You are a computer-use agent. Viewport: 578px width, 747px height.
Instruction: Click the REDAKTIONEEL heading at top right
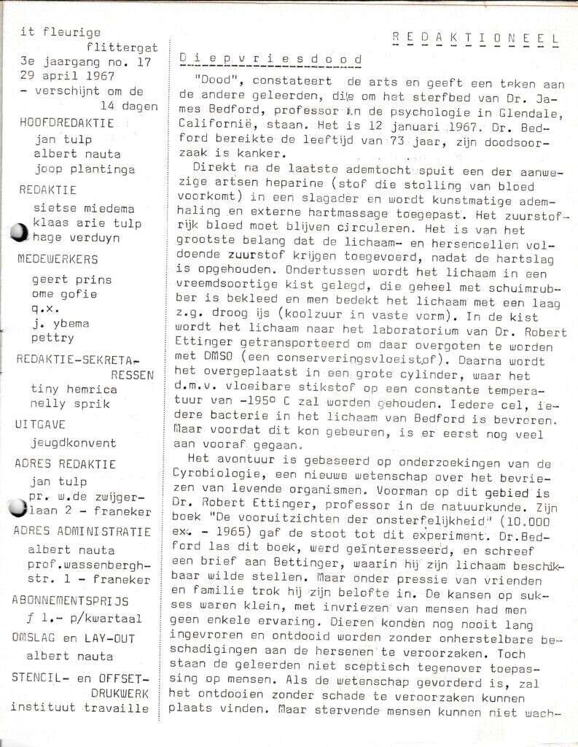click(x=475, y=37)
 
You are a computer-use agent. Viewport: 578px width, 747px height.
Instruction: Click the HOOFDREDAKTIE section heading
click(x=66, y=123)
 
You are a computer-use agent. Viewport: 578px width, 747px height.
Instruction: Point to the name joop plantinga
click(x=84, y=169)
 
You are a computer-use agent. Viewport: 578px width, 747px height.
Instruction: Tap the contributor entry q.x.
click(x=45, y=309)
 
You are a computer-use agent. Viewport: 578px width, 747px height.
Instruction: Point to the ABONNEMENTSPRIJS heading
click(x=69, y=601)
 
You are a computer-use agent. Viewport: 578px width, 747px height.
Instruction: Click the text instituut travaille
click(x=79, y=708)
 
